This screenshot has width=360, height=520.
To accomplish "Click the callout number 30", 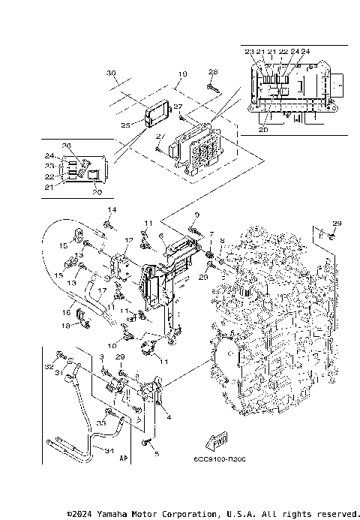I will click(x=111, y=73).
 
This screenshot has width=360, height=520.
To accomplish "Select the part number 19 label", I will click(x=160, y=74).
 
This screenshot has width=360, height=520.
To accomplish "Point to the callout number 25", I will click(x=125, y=125).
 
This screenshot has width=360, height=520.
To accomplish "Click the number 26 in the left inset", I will click(x=66, y=145).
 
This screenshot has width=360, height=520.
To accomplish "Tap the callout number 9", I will click(x=197, y=215).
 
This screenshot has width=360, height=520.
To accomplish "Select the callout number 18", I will click(x=65, y=325).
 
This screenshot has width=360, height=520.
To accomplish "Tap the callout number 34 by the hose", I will click(x=108, y=452).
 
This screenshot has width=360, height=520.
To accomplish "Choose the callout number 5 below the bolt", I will click(x=157, y=454).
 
